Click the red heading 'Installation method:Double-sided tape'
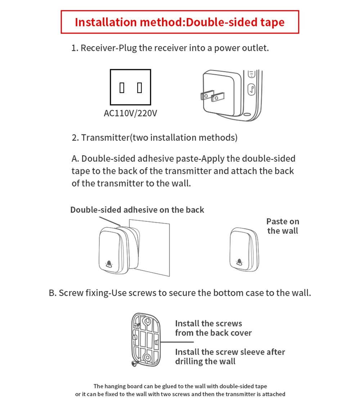coord(180,22)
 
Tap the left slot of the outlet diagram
coord(122,88)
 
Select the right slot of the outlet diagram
coord(140,88)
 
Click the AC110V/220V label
coord(130,113)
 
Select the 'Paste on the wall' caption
coord(283,226)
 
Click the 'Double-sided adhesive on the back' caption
coord(137,210)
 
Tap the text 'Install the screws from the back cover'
coord(213,328)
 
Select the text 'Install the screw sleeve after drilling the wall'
coord(230,357)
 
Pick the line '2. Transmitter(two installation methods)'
coord(154,138)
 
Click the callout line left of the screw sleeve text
coord(177,342)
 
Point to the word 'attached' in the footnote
coord(272,394)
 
